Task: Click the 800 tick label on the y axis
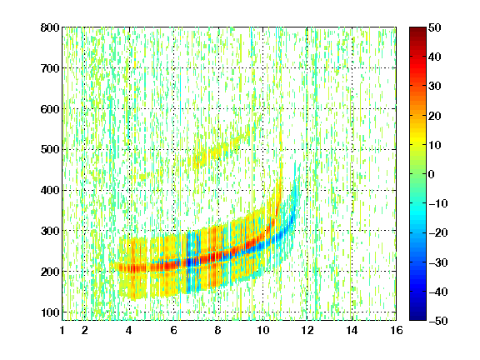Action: click(50, 27)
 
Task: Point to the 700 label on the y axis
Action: click(50, 68)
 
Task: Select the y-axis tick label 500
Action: click(50, 150)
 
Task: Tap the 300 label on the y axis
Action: click(50, 231)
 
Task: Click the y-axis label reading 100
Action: click(50, 312)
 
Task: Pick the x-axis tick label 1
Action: click(62, 330)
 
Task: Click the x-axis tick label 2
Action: click(85, 330)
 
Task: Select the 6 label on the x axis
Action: click(173, 330)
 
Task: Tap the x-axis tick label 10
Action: click(262, 330)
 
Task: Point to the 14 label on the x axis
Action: click(352, 330)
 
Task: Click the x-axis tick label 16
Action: click(397, 330)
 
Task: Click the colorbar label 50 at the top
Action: click(435, 27)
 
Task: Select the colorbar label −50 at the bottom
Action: click(438, 321)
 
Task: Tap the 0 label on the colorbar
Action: click(432, 174)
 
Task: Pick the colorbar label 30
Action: click(435, 87)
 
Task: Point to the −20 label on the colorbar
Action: click(438, 233)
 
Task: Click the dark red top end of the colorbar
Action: click(417, 29)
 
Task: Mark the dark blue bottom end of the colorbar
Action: click(417, 318)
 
